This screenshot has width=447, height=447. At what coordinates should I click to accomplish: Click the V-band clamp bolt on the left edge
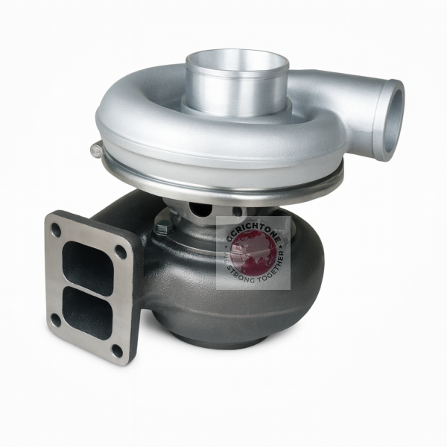96,150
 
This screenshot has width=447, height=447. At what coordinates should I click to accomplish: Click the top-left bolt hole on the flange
56,229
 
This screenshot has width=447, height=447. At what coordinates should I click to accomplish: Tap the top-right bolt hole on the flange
121,252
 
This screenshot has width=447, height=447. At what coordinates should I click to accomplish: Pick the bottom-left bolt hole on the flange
55,320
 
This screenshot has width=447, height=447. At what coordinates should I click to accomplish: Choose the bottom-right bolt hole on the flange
117,349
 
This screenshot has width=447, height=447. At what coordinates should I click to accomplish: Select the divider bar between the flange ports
87,288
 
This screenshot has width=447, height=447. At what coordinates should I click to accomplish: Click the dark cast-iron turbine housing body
194,298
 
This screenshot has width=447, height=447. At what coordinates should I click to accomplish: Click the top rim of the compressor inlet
237,53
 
